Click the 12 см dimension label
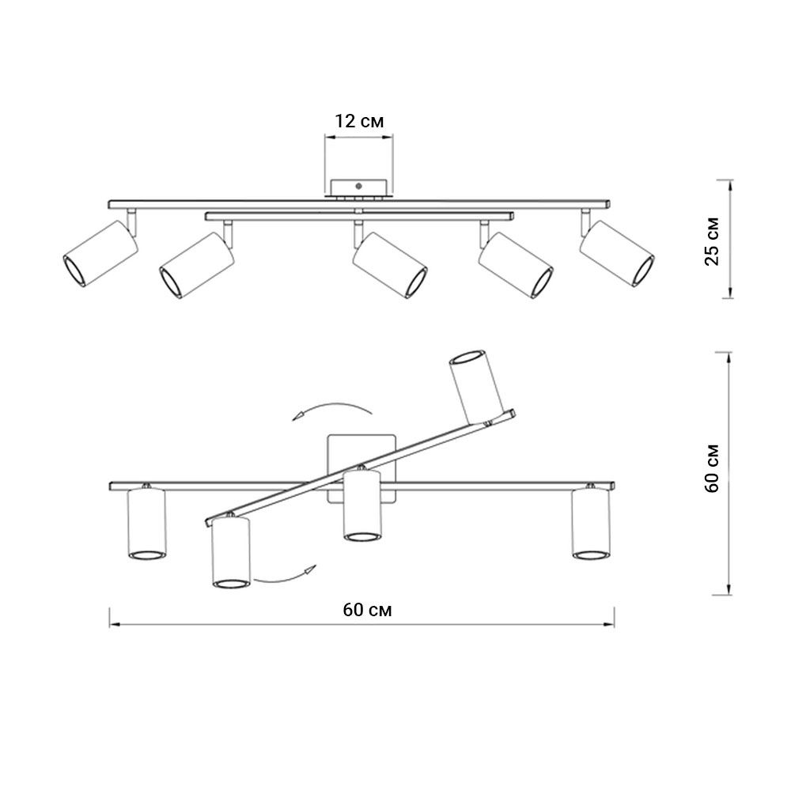359,121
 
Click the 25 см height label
712,241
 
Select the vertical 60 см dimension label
712,468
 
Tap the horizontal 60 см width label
367,610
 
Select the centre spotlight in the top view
390,265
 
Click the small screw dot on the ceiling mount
358,186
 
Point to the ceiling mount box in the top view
358,187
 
